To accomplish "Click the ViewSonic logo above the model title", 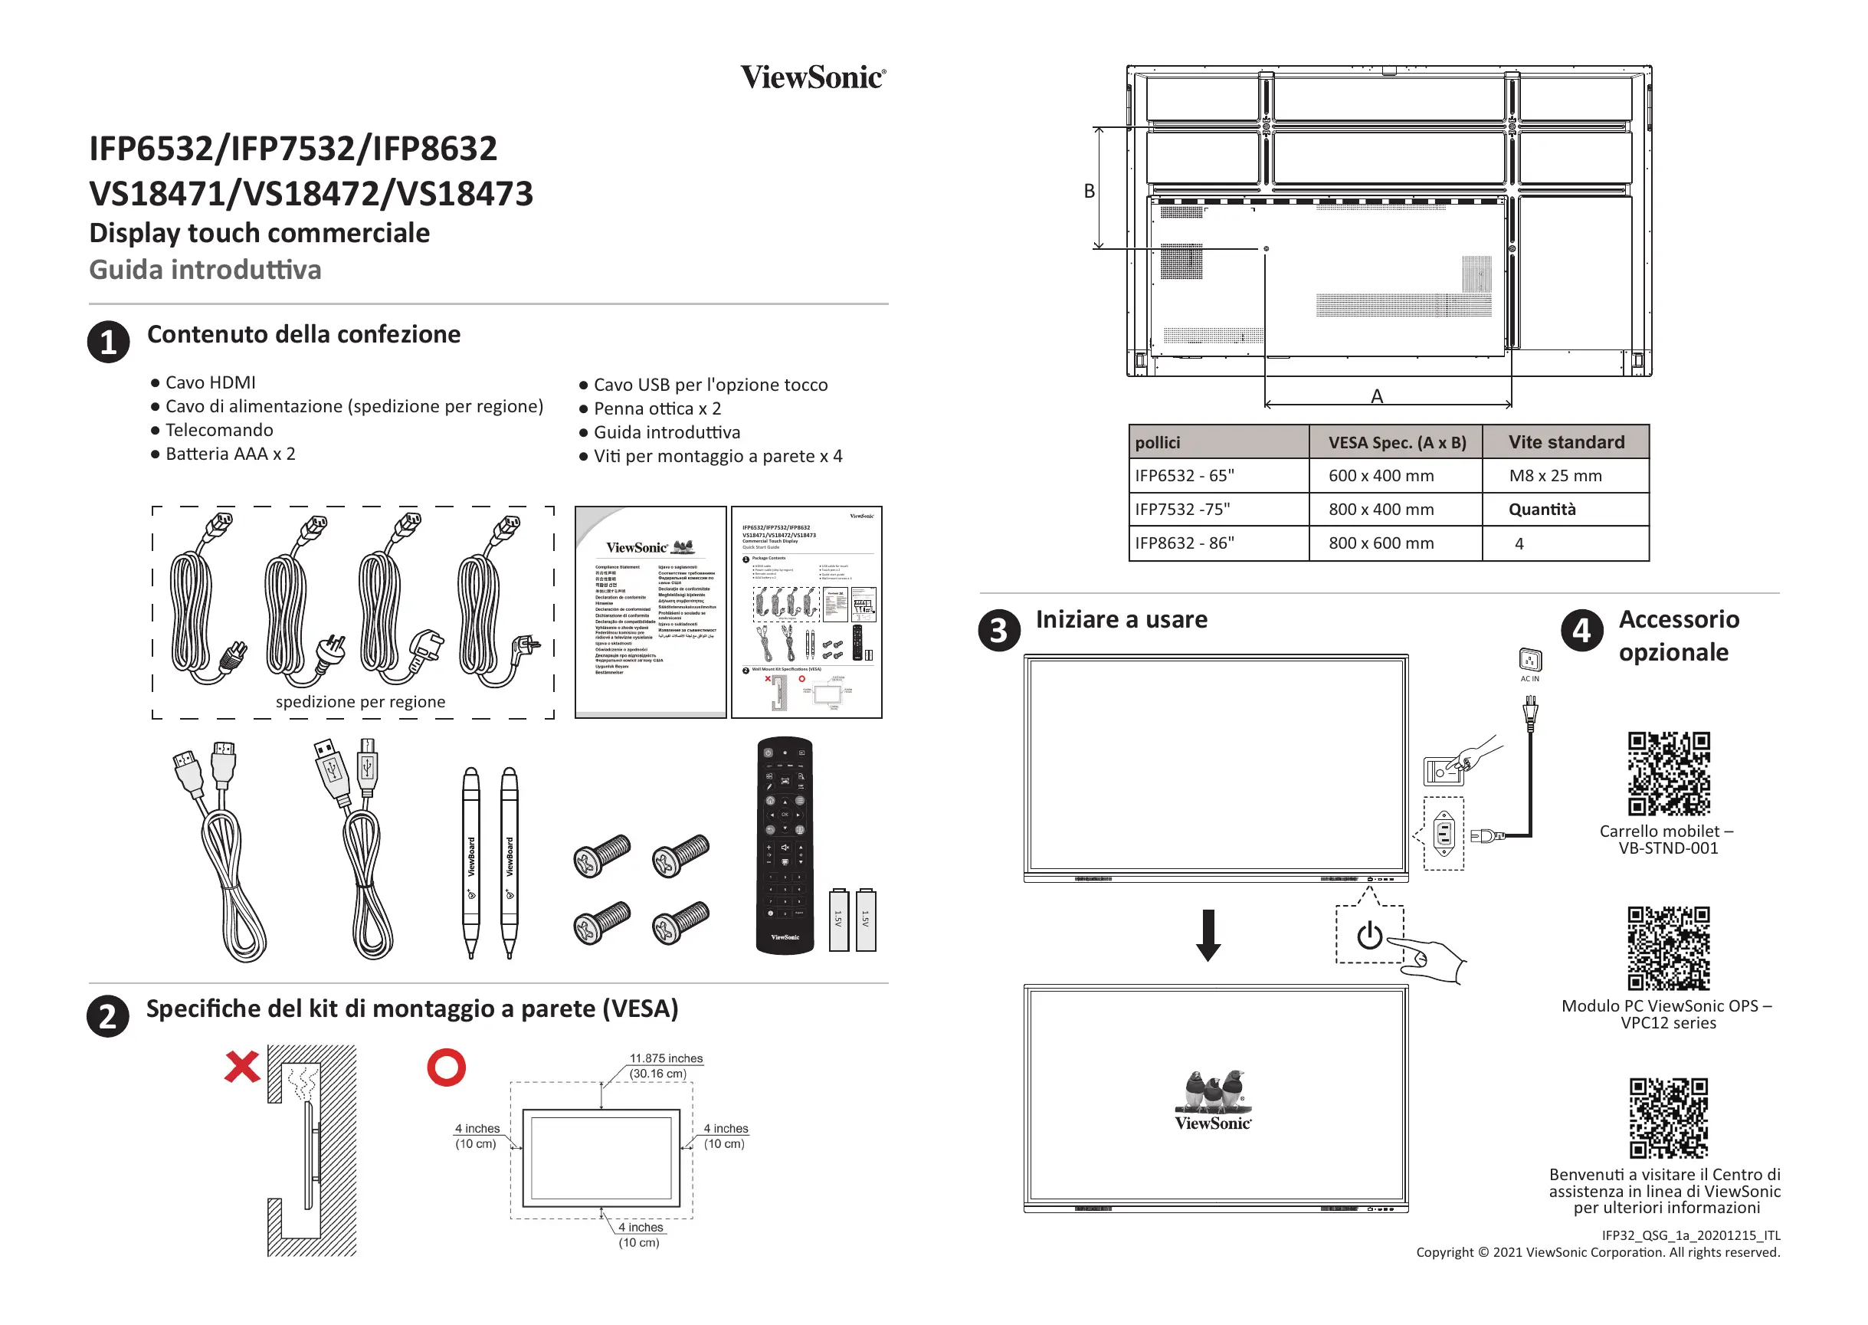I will pyautogui.click(x=812, y=77).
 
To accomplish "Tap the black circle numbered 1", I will pyautogui.click(x=109, y=341).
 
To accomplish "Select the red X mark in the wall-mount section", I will pyautogui.click(x=241, y=1067).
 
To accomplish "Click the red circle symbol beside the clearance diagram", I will pyautogui.click(x=446, y=1067).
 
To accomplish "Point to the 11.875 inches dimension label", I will pyautogui.click(x=666, y=1058).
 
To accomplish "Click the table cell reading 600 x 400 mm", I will pyautogui.click(x=1380, y=476).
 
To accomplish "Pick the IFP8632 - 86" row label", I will pyautogui.click(x=1185, y=543).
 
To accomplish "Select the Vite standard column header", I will pyautogui.click(x=1565, y=442).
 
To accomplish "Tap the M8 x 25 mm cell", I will pyautogui.click(x=1555, y=476).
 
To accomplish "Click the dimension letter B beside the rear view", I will pyautogui.click(x=1089, y=191).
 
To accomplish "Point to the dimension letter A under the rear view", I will pyautogui.click(x=1377, y=396).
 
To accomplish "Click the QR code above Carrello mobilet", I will pyautogui.click(x=1668, y=773).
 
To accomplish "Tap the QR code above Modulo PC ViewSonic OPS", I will pyautogui.click(x=1668, y=948).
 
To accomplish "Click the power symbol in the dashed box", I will pyautogui.click(x=1370, y=935).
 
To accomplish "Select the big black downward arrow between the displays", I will pyautogui.click(x=1208, y=935).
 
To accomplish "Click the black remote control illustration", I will pyautogui.click(x=785, y=845).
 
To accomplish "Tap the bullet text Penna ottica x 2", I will pyautogui.click(x=657, y=408).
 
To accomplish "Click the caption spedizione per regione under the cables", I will pyautogui.click(x=361, y=702).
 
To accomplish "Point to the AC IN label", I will pyautogui.click(x=1529, y=679).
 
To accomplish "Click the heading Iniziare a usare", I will pyautogui.click(x=1122, y=620).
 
